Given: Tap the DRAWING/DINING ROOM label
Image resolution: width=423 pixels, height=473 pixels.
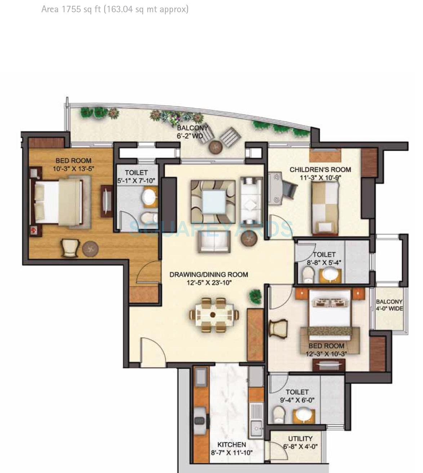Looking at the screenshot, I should [209, 275].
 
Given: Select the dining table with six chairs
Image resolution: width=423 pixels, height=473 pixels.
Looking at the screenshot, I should [214, 315].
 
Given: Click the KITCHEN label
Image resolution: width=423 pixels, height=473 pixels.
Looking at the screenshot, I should [232, 445].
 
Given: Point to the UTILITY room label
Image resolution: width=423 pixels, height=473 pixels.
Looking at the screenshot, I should [300, 438].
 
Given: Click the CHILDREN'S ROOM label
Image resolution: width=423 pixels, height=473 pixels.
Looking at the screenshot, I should [320, 169].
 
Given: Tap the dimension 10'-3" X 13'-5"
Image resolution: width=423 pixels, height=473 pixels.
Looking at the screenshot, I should [73, 168].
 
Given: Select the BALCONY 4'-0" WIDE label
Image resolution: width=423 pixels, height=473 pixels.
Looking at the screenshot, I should [389, 305].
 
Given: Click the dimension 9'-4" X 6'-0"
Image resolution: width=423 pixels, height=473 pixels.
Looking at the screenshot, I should [297, 400].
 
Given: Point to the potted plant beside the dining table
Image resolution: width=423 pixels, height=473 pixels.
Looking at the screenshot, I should [255, 296].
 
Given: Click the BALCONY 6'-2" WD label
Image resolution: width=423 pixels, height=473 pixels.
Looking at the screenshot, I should [192, 132].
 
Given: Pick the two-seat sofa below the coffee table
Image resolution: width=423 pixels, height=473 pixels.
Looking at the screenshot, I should [214, 242].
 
